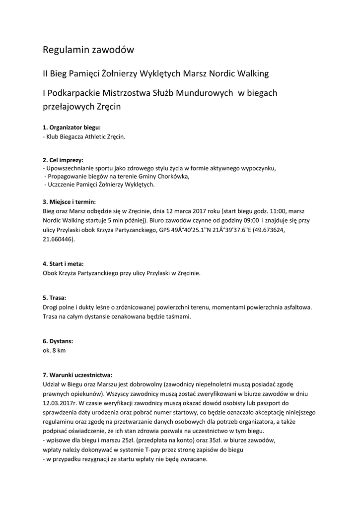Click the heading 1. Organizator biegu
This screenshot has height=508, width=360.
tap(72, 127)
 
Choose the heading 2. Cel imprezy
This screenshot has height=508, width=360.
tap(63, 160)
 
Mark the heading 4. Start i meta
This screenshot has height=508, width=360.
tap(63, 264)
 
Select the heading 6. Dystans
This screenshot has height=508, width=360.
tap(58, 341)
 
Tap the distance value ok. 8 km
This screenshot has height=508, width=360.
tap(55, 350)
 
